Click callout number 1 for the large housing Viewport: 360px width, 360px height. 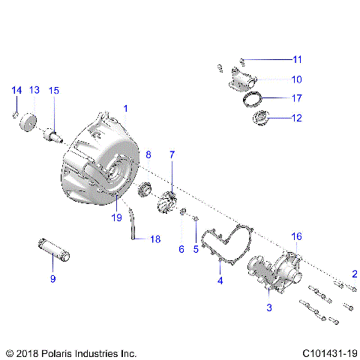coord(126,108)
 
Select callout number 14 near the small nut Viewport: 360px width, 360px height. coord(16,91)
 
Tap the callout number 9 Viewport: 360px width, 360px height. coord(52,279)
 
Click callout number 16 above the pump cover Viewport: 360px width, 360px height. coord(297,236)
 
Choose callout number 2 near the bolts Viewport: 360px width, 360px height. coord(355,274)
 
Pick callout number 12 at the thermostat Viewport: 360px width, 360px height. coord(297,117)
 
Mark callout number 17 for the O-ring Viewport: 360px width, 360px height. coord(297,97)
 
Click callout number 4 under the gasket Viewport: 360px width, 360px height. coord(220,281)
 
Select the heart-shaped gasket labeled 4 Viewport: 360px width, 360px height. coord(232,244)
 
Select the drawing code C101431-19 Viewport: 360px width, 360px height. coord(330,352)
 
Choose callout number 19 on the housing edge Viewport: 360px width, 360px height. coord(115,218)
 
